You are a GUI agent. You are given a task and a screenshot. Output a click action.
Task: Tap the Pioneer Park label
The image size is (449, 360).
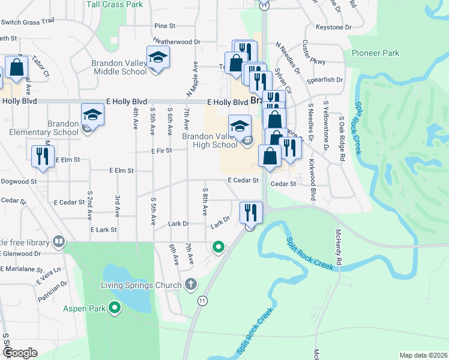point(376,53)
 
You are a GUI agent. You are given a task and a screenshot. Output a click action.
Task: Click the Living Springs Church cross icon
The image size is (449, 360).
point(191,284)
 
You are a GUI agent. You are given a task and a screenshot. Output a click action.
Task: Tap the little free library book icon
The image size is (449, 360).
point(58,242)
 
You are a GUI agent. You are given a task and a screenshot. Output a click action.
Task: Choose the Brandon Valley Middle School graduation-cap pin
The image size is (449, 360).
point(158,58)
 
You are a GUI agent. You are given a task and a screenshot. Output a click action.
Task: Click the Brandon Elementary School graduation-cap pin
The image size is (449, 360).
point(92,115)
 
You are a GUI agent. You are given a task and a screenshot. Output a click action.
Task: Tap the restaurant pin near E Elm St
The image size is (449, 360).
point(42,156)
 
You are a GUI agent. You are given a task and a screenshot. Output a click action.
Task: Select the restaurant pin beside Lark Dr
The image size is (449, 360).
point(250,212)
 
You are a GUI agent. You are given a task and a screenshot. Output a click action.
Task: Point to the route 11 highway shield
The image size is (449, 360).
point(203,299)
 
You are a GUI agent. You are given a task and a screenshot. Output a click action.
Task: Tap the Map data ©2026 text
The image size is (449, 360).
point(423,355)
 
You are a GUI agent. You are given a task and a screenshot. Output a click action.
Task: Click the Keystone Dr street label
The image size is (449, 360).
point(333,28)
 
